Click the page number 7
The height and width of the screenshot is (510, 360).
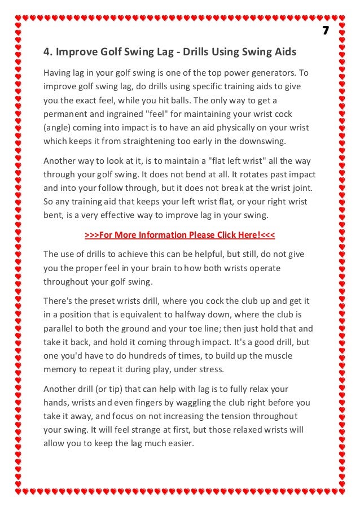[326, 30]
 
